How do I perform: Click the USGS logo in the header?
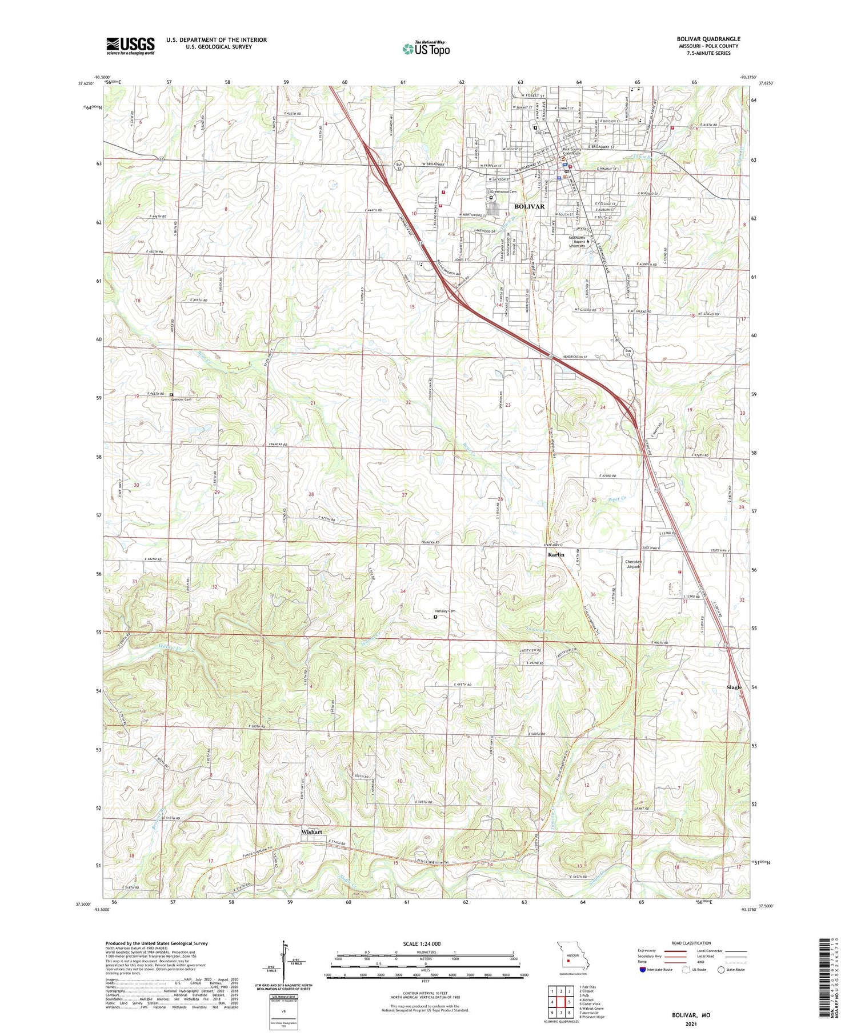point(130,46)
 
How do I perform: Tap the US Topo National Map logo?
point(426,49)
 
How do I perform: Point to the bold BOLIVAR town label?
point(530,206)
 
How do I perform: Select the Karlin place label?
point(555,555)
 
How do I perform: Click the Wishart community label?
point(312,832)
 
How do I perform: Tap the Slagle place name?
point(734,687)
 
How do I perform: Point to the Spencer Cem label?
point(181,399)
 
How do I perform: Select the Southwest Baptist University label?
point(576,242)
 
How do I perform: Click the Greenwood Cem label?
point(504,192)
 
